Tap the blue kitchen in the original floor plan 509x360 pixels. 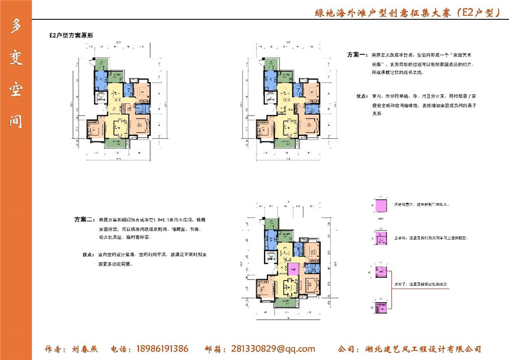[x=100, y=78]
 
